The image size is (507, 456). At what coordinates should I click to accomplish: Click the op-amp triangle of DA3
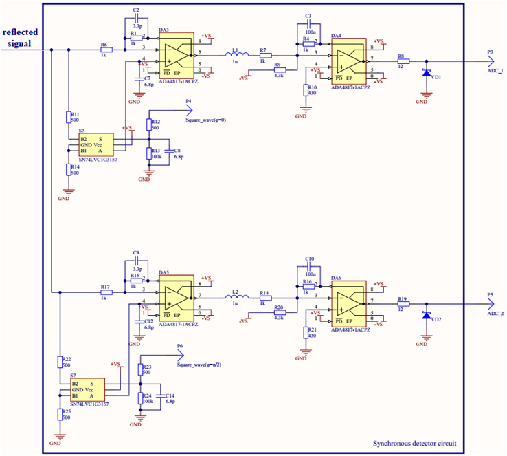tap(177, 54)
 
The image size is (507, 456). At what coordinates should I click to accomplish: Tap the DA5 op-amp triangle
tap(177, 296)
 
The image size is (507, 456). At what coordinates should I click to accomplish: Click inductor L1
tap(235, 56)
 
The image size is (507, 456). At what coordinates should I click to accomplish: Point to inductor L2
tap(235, 297)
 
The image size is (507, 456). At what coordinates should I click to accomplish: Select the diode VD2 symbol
tap(426, 315)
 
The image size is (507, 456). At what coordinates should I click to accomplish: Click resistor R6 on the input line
tap(105, 50)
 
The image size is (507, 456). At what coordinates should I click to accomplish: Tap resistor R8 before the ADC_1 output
tap(403, 61)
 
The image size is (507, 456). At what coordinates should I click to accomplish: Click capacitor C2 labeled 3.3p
tap(135, 21)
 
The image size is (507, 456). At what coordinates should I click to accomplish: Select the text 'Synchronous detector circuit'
tap(414, 444)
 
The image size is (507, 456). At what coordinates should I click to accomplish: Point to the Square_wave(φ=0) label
tap(206, 120)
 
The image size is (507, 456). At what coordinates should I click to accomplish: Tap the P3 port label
tap(490, 52)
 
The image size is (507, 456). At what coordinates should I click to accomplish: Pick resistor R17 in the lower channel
tap(105, 292)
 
